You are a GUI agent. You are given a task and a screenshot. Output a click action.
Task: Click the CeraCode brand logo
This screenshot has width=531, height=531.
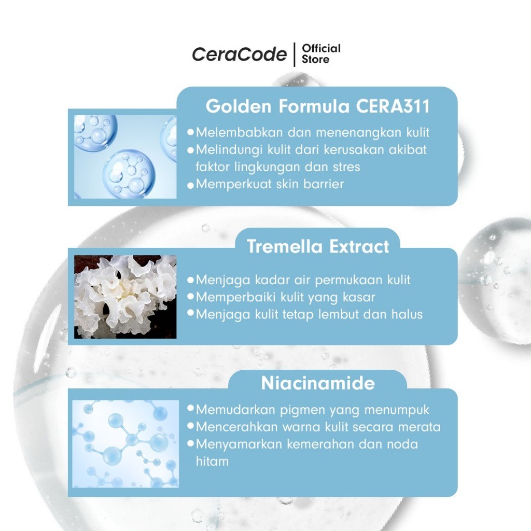click(239, 54)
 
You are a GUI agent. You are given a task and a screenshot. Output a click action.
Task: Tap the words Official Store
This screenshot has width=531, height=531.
click(321, 54)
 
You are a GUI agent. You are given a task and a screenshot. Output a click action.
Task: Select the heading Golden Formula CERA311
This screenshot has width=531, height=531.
click(318, 106)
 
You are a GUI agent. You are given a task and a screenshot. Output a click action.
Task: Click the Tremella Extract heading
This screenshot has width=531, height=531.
click(318, 246)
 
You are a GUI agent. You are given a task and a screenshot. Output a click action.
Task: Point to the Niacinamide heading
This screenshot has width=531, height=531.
click(318, 383)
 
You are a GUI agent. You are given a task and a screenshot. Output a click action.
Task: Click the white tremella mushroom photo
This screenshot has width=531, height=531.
click(125, 297)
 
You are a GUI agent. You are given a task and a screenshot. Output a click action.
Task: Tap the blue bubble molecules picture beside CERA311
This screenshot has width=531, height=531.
click(125, 157)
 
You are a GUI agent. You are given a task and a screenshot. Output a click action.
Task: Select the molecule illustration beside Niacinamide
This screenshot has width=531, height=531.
click(125, 444)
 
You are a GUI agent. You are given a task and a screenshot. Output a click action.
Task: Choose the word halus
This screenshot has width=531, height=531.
click(407, 314)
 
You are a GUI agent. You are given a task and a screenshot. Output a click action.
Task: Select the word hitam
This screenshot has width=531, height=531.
click(212, 461)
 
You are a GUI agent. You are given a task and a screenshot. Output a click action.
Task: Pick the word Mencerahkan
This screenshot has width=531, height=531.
click(236, 427)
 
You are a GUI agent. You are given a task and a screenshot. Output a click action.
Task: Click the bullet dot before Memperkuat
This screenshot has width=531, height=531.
click(190, 185)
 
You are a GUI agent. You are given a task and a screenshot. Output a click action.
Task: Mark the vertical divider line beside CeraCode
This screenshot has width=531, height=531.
click(295, 54)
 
